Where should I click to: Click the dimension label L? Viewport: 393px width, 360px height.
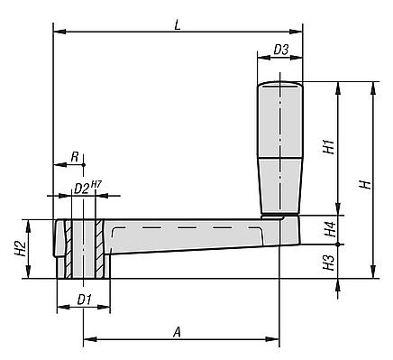[178, 25]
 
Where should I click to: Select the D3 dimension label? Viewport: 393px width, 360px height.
[281, 50]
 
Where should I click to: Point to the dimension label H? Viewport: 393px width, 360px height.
[366, 184]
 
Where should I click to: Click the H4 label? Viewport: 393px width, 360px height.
[330, 229]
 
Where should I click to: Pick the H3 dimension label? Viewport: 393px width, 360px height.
[330, 263]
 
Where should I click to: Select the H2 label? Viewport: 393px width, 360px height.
[20, 248]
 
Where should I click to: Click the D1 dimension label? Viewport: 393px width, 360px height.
[85, 300]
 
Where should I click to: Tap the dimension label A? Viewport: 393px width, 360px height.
[178, 333]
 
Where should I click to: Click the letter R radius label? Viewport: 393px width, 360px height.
[75, 157]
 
